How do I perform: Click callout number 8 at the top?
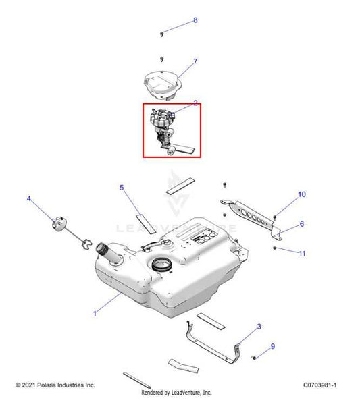click(195, 20)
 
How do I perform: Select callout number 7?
click(195, 61)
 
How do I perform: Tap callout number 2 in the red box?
click(195, 103)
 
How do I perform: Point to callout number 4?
click(29, 198)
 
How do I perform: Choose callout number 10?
click(302, 224)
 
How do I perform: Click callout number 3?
click(259, 327)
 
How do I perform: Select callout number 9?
click(272, 347)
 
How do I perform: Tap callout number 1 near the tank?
click(95, 314)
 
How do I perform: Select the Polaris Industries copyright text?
click(55, 385)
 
